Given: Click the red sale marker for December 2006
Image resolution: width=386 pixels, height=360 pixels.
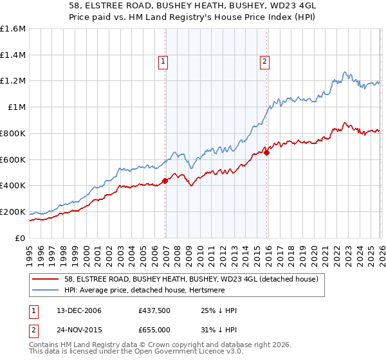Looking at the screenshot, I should [165, 181].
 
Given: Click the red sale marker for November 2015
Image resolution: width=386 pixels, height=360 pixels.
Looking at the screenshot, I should [266, 152].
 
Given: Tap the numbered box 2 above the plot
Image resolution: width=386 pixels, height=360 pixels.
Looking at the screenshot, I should [264, 62].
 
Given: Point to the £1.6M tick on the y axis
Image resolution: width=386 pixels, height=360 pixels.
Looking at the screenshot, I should [12, 29].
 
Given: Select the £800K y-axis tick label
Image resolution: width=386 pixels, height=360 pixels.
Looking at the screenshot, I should [12, 134].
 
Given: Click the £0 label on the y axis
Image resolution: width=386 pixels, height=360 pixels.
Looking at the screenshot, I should [19, 238].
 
